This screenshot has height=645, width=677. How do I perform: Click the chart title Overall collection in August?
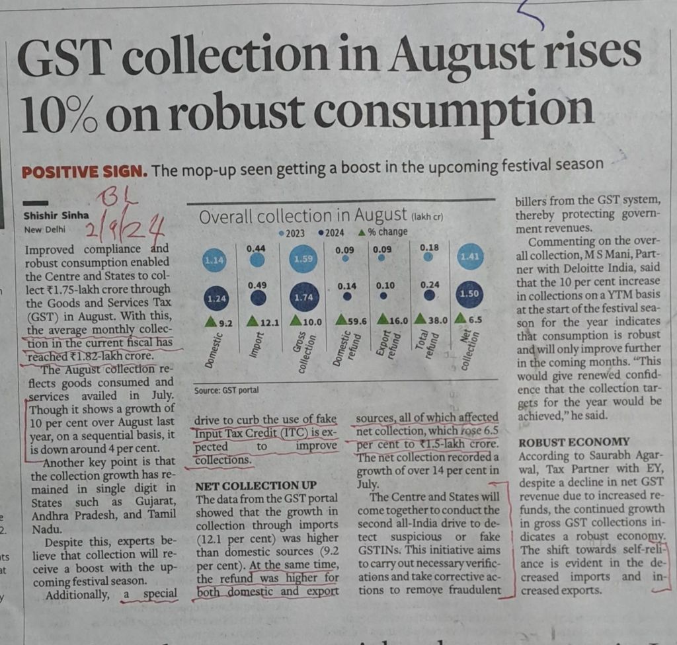click(x=302, y=215)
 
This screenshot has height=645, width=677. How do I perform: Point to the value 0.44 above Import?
click(x=257, y=247)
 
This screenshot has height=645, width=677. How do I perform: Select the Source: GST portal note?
click(x=226, y=391)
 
